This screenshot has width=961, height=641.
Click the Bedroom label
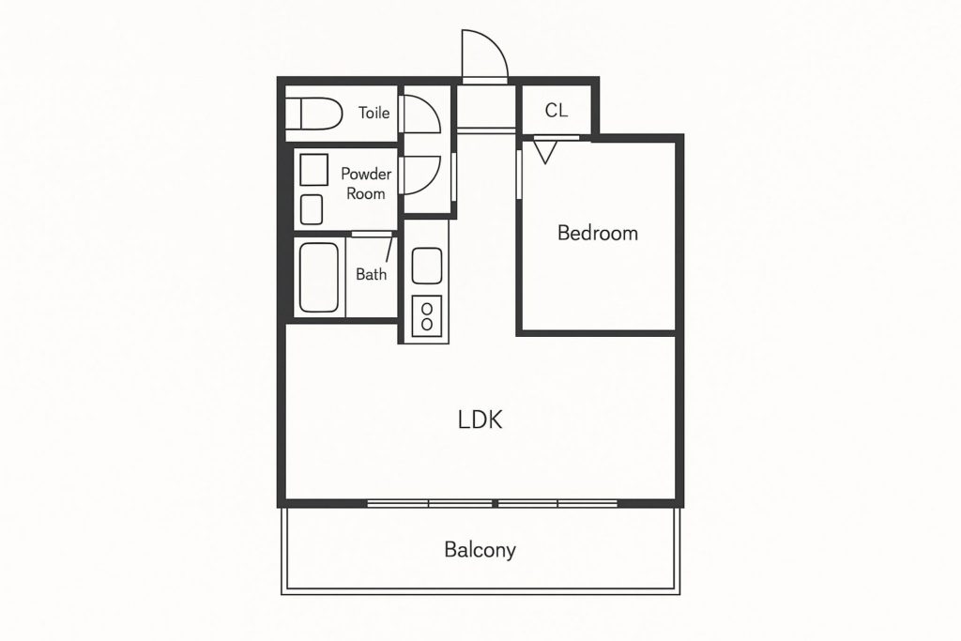click(598, 233)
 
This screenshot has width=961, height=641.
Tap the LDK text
click(480, 420)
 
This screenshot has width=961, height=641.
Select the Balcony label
click(480, 550)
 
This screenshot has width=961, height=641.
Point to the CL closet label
click(556, 111)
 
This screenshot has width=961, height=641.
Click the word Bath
click(372, 274)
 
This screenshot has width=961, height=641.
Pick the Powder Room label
click(366, 183)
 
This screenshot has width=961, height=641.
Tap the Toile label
click(374, 113)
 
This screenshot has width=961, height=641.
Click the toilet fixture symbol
click(314, 114)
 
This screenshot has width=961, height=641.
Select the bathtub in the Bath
click(319, 278)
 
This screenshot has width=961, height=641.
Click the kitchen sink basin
click(427, 266)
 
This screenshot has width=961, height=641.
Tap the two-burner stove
click(427, 315)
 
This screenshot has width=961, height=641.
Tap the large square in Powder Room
click(313, 170)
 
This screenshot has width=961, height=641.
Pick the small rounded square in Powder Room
click(312, 209)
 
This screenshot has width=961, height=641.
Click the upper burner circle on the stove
click(427, 308)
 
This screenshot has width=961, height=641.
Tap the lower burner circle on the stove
click(427, 324)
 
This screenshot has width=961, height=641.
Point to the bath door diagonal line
click(389, 250)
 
